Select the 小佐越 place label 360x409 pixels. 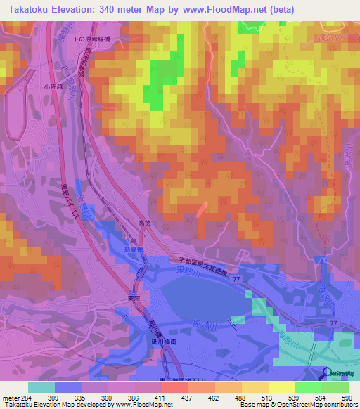[x=53, y=86]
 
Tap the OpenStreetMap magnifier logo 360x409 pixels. [x=326, y=373]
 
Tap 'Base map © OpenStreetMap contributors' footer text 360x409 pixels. [x=298, y=405]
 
